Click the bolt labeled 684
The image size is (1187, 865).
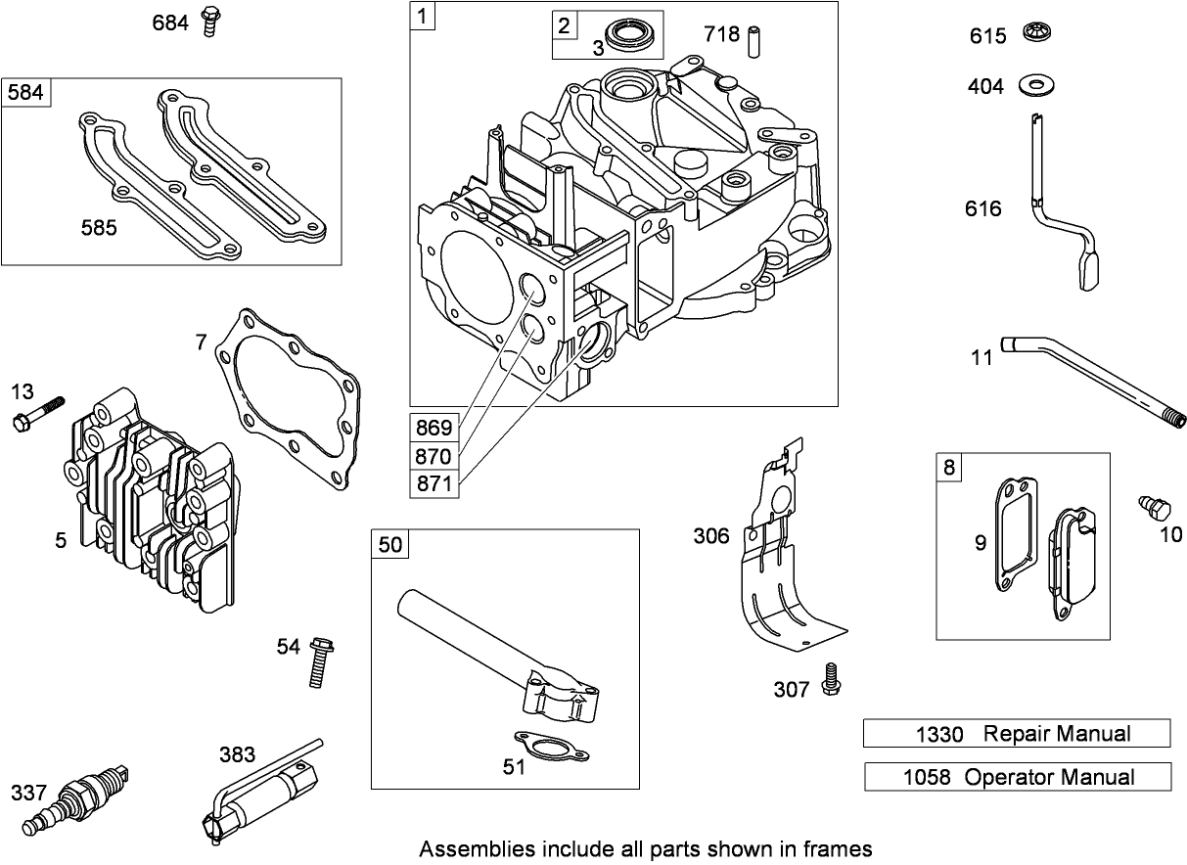click(207, 22)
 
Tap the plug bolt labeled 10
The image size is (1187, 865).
click(1156, 509)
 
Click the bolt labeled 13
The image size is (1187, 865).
click(39, 413)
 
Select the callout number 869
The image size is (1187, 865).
click(434, 428)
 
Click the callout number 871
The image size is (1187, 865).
click(434, 483)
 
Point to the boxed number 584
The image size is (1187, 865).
click(24, 92)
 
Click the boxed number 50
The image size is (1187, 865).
click(389, 544)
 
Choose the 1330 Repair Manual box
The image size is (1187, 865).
click(1016, 733)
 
